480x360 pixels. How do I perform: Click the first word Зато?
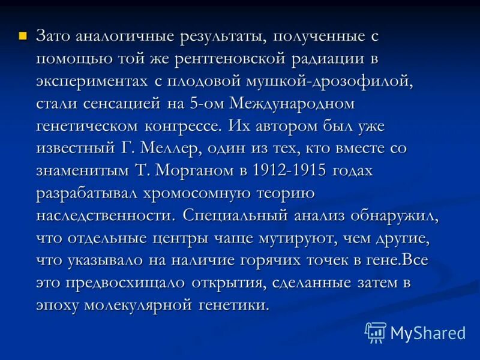tap(55, 37)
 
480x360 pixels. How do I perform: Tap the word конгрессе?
tap(189, 127)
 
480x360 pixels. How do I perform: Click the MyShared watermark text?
tap(428, 332)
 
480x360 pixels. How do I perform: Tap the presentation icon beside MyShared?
tap(376, 332)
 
